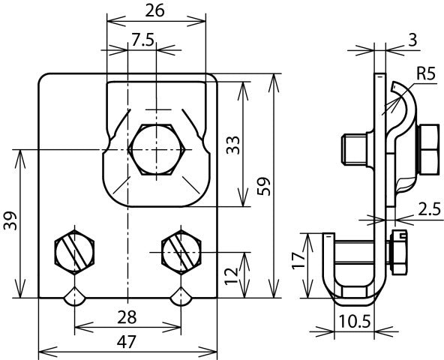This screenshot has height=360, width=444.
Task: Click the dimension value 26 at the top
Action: [x=155, y=11]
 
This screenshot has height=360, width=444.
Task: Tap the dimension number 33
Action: [x=232, y=143]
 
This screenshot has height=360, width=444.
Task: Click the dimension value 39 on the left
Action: [x=9, y=223]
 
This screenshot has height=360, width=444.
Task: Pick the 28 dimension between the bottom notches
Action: [x=127, y=316]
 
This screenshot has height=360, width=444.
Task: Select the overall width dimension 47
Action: [x=127, y=342]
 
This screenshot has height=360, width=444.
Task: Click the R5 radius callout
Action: [x=426, y=73]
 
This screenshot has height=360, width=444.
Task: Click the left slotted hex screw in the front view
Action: [x=73, y=251]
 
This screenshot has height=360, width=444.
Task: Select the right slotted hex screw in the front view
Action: [x=181, y=251]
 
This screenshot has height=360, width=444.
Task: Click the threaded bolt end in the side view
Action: [x=353, y=148]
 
